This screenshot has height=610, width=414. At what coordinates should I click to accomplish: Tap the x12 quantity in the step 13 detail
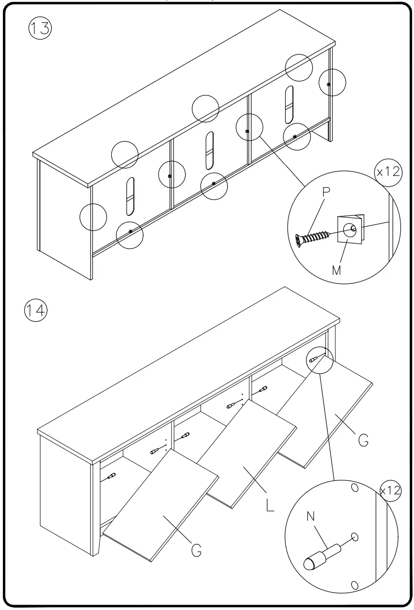pyautogui.click(x=388, y=172)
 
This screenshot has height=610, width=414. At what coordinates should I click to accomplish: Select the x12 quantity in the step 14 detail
pyautogui.click(x=390, y=491)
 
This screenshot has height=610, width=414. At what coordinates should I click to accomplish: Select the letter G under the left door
pyautogui.click(x=196, y=549)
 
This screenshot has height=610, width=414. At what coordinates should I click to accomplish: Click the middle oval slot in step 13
pyautogui.click(x=209, y=150)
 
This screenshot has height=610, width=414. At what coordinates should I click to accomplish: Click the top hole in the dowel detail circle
pyautogui.click(x=355, y=488)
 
